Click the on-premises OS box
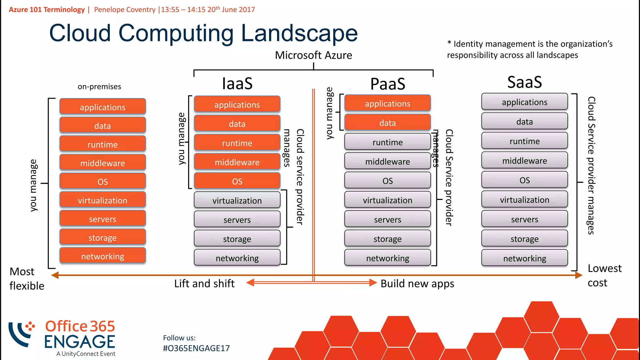102,181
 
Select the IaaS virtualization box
237,200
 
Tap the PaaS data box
387,122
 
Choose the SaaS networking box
524,258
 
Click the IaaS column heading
237,83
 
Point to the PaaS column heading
387,84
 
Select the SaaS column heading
524,82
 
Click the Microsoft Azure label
313,55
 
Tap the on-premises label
99,87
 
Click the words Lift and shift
204,283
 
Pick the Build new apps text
417,283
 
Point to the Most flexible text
26,278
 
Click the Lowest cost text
604,275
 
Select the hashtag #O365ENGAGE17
196,348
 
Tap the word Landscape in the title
299,33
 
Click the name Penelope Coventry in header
125,10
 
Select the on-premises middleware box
102,163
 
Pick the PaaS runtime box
387,142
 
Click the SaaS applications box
524,102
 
